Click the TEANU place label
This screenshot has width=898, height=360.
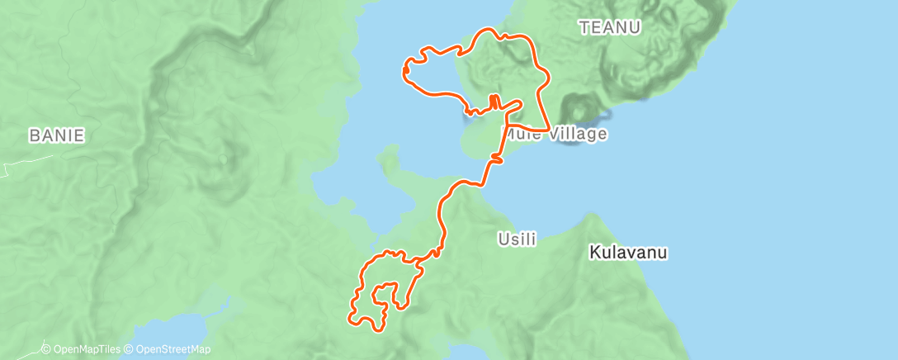pyautogui.click(x=610, y=27)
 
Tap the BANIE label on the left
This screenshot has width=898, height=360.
pyautogui.click(x=57, y=135)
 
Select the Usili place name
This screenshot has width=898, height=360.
pyautogui.click(x=518, y=239)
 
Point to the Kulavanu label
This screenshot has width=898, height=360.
pyautogui.click(x=629, y=253)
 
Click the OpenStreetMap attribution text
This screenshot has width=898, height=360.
pyautogui.click(x=172, y=349)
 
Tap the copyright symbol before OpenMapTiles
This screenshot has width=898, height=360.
pyautogui.click(x=46, y=349)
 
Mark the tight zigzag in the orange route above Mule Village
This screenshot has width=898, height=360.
pyautogui.click(x=494, y=102)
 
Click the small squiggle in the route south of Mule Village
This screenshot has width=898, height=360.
pyautogui.click(x=496, y=156)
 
